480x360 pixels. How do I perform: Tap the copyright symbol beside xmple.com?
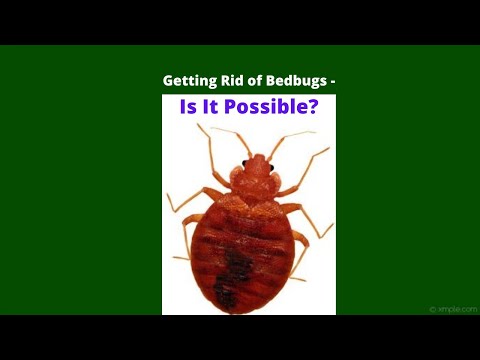[432, 310]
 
